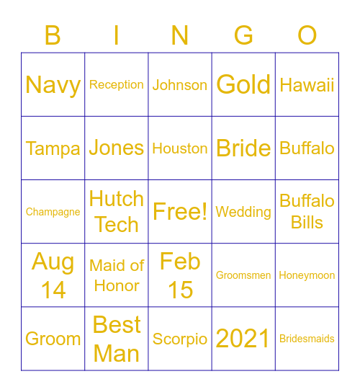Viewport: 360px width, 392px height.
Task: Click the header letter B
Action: point(53,35)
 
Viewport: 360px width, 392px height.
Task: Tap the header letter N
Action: point(180,35)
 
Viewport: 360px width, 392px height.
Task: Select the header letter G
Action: point(243,35)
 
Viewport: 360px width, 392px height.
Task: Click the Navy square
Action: point(53,84)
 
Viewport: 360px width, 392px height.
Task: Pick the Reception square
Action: point(117,84)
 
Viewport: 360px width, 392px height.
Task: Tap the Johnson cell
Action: point(180,84)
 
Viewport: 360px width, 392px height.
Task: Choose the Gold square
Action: point(243,84)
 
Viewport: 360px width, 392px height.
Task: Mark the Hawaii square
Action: point(307,84)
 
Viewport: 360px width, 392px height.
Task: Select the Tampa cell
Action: point(53,148)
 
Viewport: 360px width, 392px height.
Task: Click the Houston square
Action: point(180,148)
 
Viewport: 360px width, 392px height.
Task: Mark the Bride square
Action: point(243,148)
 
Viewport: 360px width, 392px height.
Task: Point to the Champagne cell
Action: point(53,212)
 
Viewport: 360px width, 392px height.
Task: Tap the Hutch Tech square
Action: point(117,212)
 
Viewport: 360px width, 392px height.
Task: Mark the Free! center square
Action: point(180,212)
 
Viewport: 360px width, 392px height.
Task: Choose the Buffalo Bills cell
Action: point(307,212)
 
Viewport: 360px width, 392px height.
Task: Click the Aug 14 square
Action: point(53,275)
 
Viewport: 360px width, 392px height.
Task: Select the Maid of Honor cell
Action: point(117,275)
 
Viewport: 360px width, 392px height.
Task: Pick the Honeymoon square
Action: point(307,275)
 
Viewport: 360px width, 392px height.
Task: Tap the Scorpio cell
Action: point(180,339)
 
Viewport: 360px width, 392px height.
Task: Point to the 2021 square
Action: point(243,339)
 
